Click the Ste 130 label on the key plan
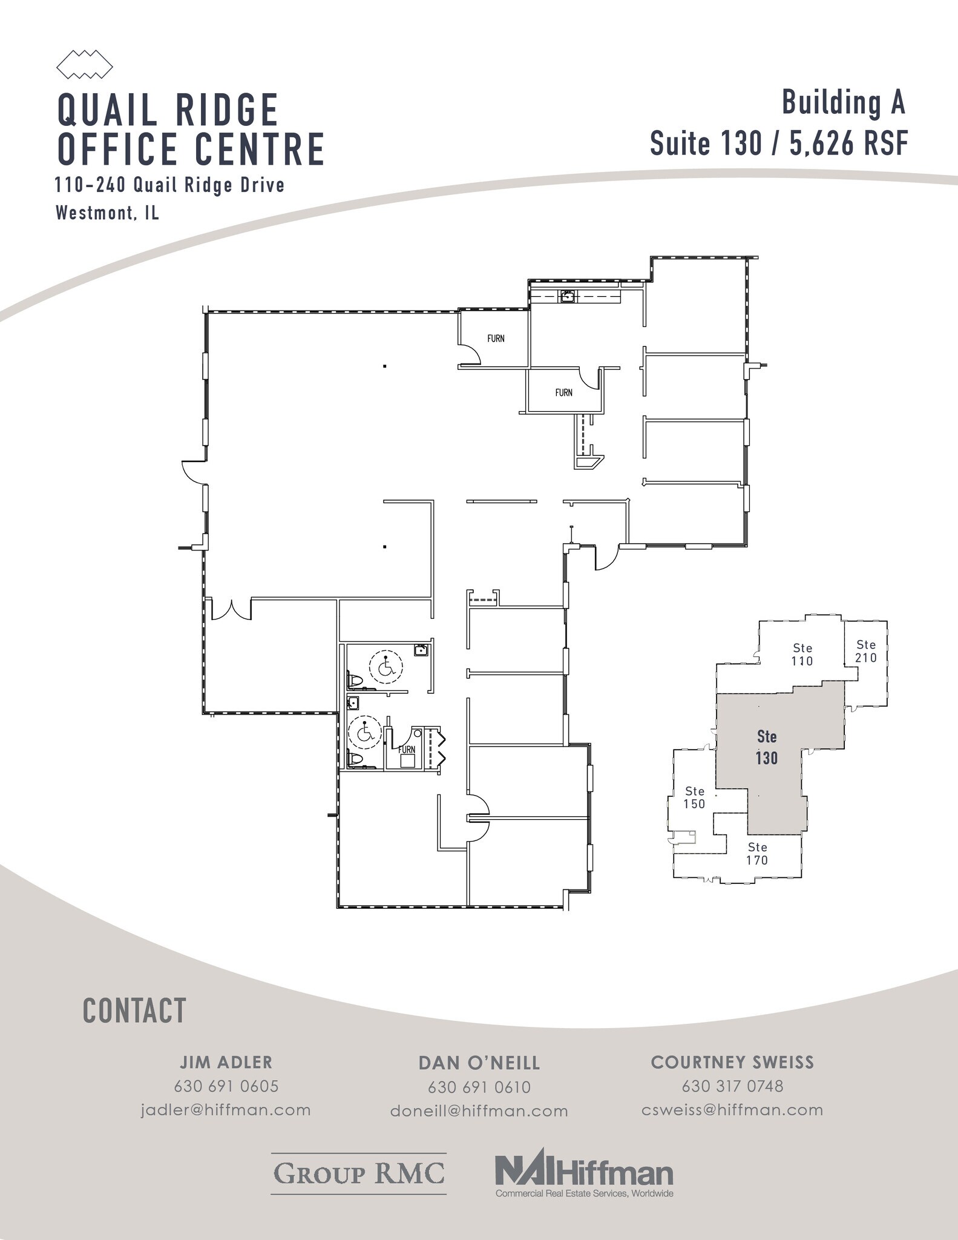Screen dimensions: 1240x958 [766, 747]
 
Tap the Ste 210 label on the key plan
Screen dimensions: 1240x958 [865, 651]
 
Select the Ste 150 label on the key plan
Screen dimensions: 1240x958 [694, 797]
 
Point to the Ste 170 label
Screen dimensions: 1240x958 [757, 854]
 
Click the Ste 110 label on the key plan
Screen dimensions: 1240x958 [802, 655]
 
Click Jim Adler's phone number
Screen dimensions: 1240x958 [226, 1086]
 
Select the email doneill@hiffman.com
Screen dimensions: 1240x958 [479, 1111]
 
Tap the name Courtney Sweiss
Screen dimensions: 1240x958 [732, 1063]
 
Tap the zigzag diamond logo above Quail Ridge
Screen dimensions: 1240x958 [85, 64]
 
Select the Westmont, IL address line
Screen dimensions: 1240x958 [107, 213]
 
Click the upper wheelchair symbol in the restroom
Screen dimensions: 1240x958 [386, 667]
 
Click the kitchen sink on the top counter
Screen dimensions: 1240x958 [568, 296]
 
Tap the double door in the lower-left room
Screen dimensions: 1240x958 [231, 608]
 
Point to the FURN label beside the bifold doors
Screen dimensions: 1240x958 [407, 750]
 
